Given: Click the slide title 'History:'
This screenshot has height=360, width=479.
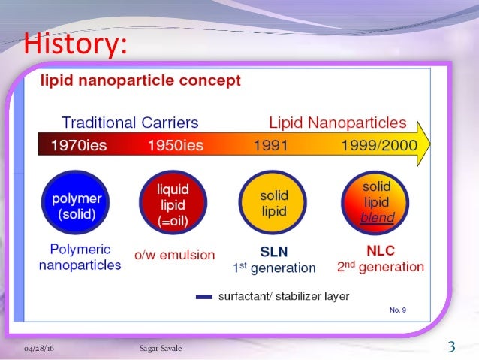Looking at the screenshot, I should point(71,44).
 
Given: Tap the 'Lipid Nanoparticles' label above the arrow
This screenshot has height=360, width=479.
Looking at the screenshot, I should point(338,122).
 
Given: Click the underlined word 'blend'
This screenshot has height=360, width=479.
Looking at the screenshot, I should point(377,217).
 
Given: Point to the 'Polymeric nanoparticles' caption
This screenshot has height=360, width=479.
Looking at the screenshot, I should point(80,256).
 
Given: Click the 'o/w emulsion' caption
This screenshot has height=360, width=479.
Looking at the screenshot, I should point(174,255).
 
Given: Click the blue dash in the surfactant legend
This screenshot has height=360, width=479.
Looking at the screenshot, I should point(203,297).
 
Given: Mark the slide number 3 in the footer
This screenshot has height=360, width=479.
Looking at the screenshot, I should point(451,346).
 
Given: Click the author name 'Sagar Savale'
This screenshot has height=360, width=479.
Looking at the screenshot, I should point(160,348).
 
